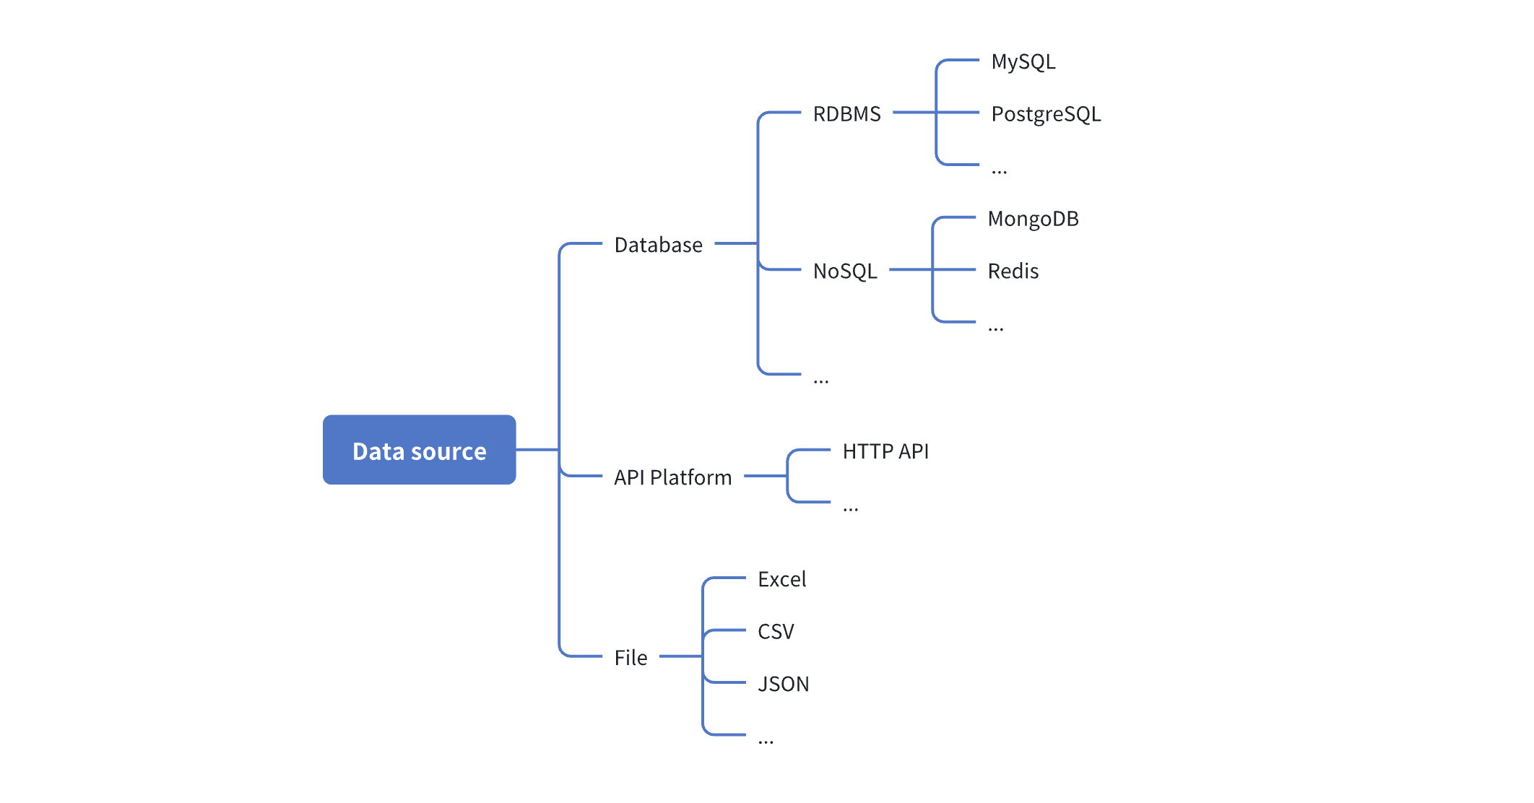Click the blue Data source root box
419,450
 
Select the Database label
658,245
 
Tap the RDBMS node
846,114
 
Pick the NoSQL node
845,271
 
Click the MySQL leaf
1023,62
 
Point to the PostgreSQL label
1045,114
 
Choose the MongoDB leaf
1033,219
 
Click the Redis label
1013,271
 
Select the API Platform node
672,477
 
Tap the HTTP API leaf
885,451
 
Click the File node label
630,657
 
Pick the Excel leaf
781,579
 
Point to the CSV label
776,632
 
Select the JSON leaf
783,684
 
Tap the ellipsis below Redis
995,329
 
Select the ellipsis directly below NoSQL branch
820,381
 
